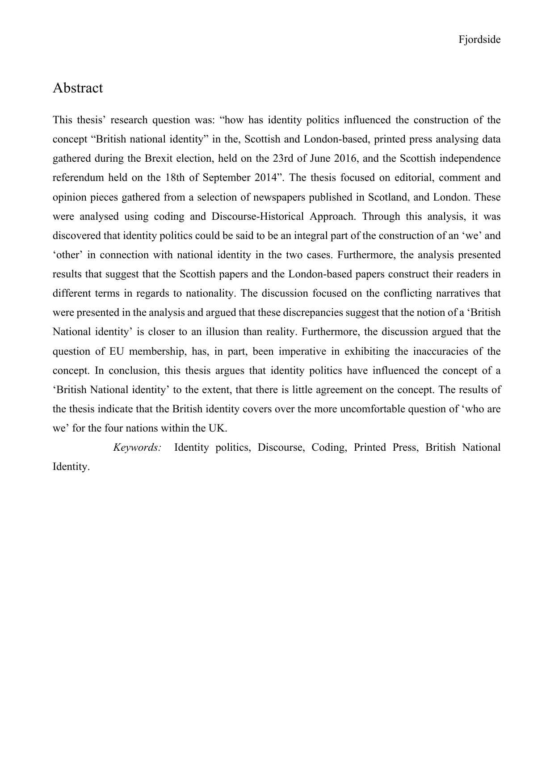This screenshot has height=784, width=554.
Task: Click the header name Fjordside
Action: (479, 40)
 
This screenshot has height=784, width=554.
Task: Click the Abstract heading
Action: (78, 88)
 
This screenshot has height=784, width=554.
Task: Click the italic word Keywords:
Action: (137, 448)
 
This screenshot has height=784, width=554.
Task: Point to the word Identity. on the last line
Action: (71, 467)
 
